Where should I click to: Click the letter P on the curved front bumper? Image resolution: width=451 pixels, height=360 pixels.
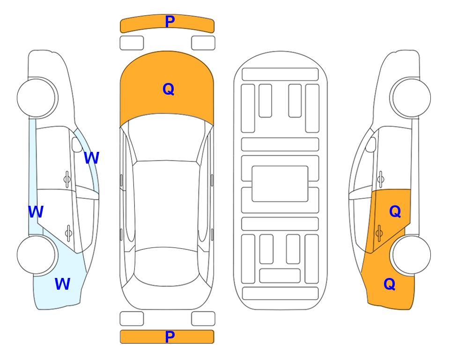pyautogui.click(x=170, y=22)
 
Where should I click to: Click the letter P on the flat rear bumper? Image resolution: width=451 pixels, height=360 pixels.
pyautogui.click(x=170, y=337)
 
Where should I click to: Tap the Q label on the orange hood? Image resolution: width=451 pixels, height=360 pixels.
pyautogui.click(x=168, y=89)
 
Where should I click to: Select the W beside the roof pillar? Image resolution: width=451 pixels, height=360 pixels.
pyautogui.click(x=91, y=157)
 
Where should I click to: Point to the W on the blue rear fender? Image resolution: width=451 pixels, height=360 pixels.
pyautogui.click(x=62, y=284)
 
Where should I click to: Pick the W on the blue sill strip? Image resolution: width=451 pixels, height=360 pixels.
pyautogui.click(x=36, y=212)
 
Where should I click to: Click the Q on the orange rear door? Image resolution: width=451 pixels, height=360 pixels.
pyautogui.click(x=395, y=212)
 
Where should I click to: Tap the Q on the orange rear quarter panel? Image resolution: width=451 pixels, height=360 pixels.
pyautogui.click(x=390, y=284)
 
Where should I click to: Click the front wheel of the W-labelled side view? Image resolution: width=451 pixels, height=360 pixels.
pyautogui.click(x=36, y=98)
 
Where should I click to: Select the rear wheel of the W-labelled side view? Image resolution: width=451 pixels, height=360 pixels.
pyautogui.click(x=36, y=255)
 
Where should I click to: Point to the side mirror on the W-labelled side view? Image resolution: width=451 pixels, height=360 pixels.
pyautogui.click(x=77, y=144)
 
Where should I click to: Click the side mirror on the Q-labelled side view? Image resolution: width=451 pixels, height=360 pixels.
pyautogui.click(x=371, y=144)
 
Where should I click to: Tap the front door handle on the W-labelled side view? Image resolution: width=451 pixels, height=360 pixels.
pyautogui.click(x=67, y=180)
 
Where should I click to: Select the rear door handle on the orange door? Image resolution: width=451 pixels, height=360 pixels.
pyautogui.click(x=379, y=233)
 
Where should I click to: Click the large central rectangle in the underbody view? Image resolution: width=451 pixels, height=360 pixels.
pyautogui.click(x=280, y=184)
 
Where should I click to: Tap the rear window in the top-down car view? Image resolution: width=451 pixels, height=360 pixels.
pyautogui.click(x=167, y=266)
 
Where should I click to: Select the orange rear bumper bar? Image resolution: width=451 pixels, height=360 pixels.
pyautogui.click(x=167, y=337)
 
